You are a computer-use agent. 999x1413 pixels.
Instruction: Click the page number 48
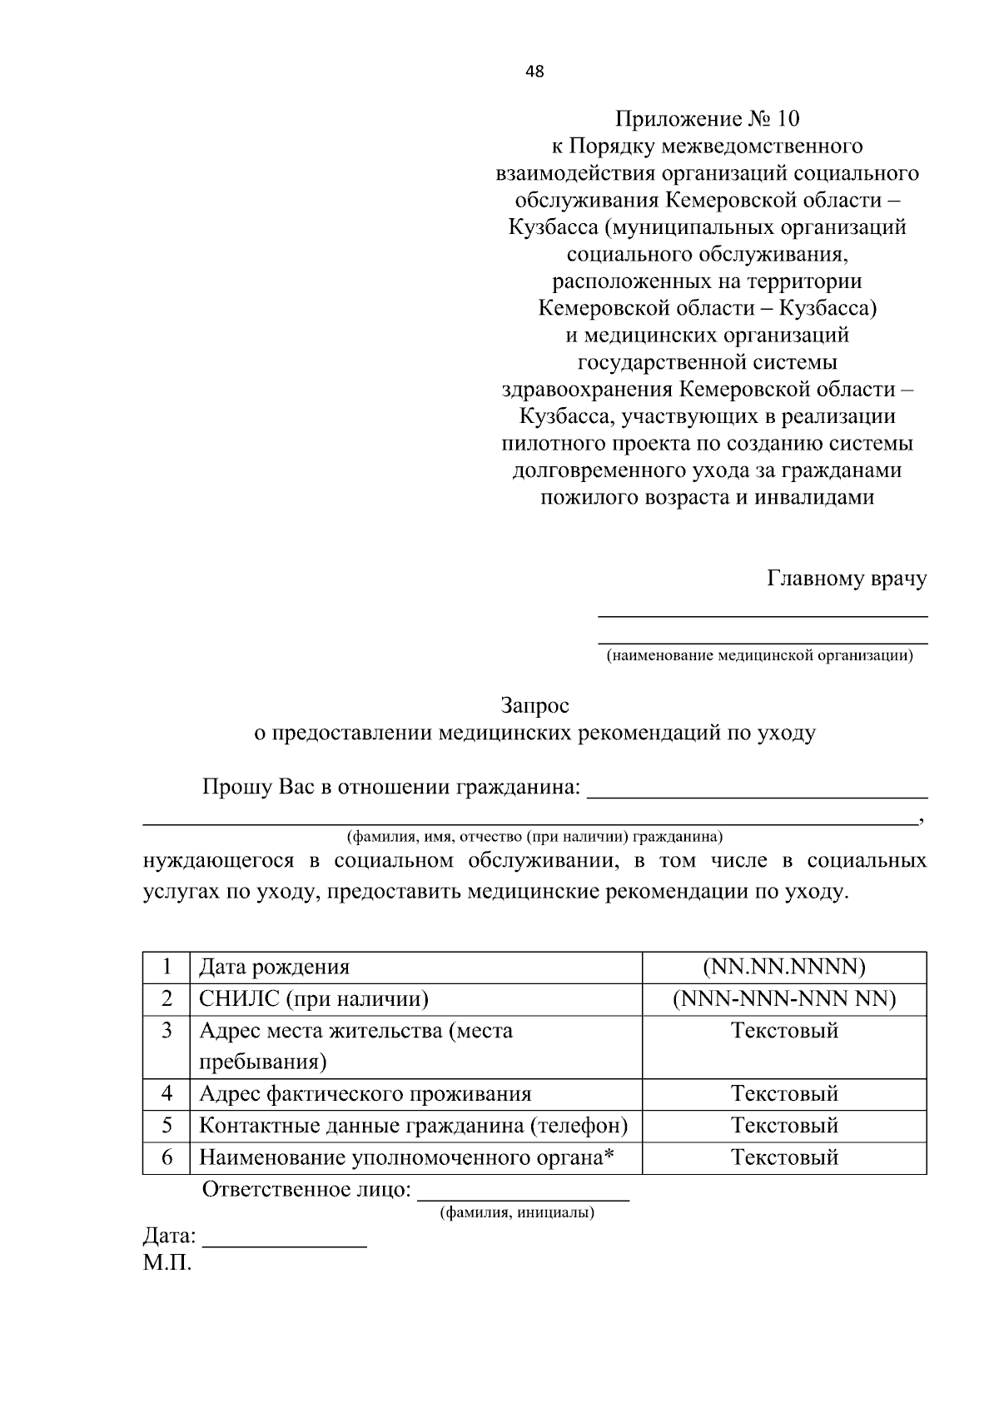(534, 72)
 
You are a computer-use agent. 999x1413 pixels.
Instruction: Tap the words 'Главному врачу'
(846, 579)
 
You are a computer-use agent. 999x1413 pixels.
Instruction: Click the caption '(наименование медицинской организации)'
(759, 656)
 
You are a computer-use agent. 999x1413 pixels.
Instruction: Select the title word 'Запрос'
(534, 706)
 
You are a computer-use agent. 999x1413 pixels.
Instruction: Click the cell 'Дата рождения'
(274, 967)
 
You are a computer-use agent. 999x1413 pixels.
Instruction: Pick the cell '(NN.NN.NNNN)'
(783, 967)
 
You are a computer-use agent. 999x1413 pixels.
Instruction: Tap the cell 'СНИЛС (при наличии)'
(313, 998)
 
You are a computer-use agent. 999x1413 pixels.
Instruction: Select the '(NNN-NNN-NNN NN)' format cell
(783, 998)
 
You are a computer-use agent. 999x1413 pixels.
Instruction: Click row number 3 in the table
(166, 1031)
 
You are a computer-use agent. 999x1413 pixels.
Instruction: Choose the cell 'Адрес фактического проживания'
(365, 1094)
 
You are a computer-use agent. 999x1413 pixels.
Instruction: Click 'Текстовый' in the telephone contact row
(783, 1126)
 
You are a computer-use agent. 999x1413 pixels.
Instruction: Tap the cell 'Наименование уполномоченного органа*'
(406, 1157)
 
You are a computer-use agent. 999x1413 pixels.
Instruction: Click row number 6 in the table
(166, 1157)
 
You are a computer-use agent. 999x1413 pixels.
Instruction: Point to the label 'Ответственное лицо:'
(306, 1189)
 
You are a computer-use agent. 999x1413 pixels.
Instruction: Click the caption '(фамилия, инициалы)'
(517, 1213)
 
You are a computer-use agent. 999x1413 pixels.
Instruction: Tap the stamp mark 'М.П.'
(166, 1264)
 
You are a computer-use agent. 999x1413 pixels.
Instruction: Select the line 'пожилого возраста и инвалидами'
(707, 498)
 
